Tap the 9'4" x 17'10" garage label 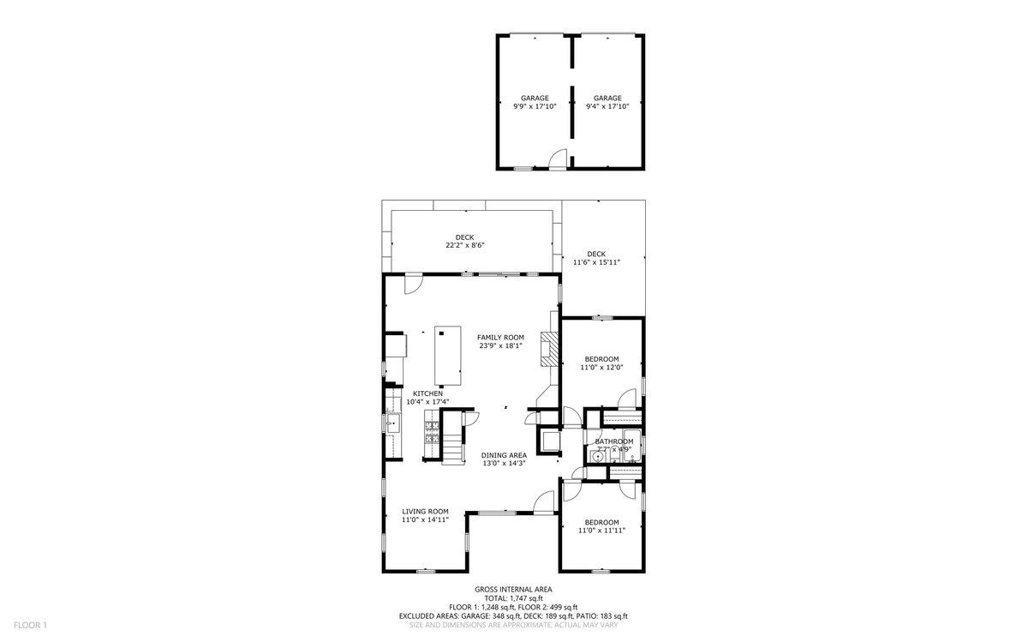point(607,102)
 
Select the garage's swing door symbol point(558,159)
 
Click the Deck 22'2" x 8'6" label point(464,242)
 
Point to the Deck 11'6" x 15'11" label point(596,258)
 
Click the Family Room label point(500,341)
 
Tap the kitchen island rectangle point(447,356)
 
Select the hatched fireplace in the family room point(548,349)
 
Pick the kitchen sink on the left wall point(393,423)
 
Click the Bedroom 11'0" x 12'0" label point(601,363)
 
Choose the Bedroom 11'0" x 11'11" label point(601,525)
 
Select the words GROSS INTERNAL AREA point(513,590)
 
